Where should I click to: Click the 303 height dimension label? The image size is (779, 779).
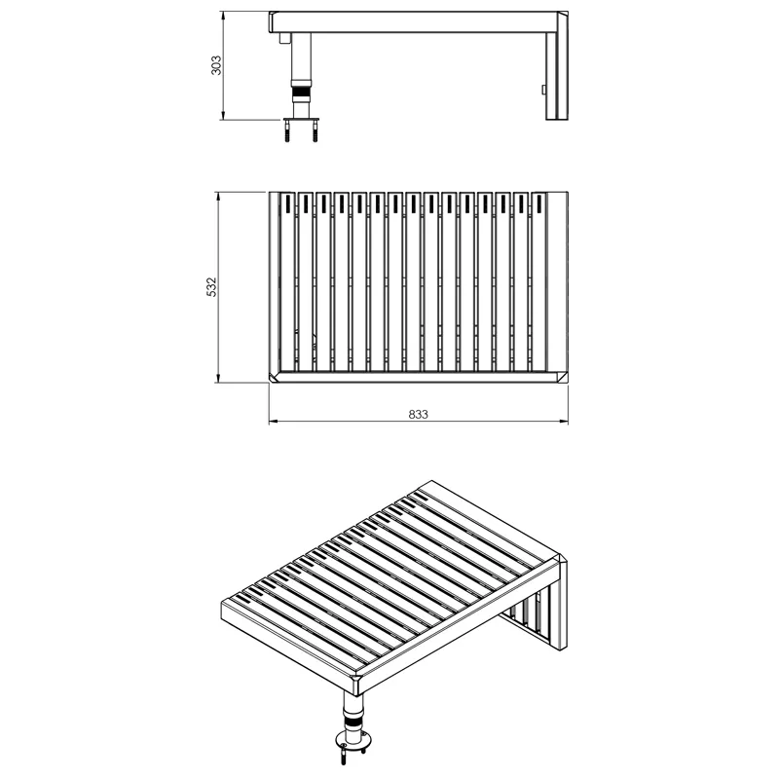(216, 65)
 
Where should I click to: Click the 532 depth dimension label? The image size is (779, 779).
(211, 287)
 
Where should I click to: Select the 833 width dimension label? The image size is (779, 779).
(419, 415)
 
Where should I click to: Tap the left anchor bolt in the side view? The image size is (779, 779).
(287, 132)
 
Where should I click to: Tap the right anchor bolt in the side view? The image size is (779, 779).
(315, 132)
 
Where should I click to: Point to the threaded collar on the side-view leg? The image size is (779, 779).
(301, 93)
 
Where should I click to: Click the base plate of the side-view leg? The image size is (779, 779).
(301, 119)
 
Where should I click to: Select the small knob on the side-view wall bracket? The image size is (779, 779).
(544, 90)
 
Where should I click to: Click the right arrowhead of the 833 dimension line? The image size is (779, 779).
(564, 422)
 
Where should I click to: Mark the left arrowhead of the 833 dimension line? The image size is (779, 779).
(274, 422)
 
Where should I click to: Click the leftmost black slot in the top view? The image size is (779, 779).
(287, 204)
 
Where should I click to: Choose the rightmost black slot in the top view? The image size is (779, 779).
(539, 204)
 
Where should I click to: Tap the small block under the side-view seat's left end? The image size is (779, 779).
(283, 39)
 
